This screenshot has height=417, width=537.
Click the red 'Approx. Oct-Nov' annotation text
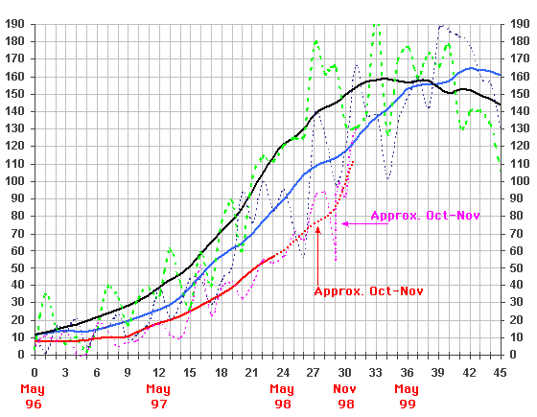click(x=368, y=290)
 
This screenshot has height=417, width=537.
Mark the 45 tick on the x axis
click(x=500, y=373)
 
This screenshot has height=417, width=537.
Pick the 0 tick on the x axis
click(x=35, y=373)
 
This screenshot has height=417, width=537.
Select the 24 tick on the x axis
click(x=282, y=373)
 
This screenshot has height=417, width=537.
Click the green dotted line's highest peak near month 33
click(x=376, y=26)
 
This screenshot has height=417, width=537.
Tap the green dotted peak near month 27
click(x=315, y=41)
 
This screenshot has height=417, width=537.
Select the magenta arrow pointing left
click(x=346, y=223)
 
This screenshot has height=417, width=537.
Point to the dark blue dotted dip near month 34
click(x=387, y=178)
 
